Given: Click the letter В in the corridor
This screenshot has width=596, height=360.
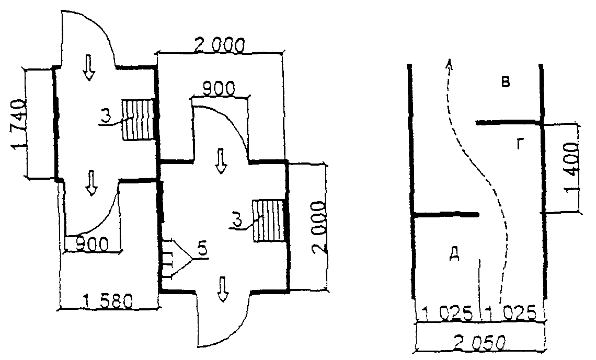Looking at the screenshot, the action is click(505, 82).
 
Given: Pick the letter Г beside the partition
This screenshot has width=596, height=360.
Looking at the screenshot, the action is click(521, 144).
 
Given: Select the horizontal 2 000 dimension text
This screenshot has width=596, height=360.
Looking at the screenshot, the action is click(218, 45).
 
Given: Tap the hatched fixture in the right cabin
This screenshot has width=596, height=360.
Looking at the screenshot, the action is click(269, 220).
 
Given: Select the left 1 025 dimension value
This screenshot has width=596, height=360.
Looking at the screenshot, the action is click(446, 313).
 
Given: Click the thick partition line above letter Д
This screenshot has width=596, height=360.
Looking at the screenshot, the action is click(445, 215).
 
